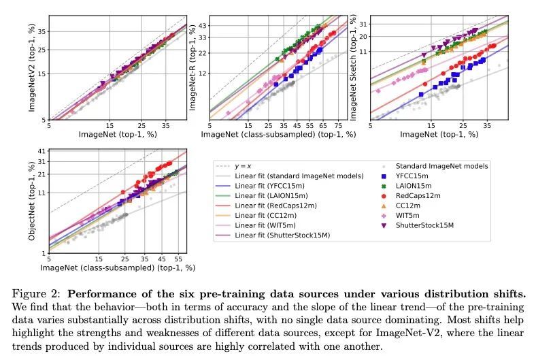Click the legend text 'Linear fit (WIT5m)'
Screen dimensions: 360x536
[x=267, y=225]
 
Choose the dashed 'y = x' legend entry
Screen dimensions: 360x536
[x=243, y=165]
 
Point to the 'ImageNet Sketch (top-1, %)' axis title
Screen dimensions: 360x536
[x=353, y=67]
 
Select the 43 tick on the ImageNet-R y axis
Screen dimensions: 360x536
[x=203, y=26]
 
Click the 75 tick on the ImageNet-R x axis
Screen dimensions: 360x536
[x=338, y=126]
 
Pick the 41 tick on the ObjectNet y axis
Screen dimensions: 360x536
[x=42, y=151]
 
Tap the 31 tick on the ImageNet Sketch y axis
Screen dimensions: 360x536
[x=363, y=25]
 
